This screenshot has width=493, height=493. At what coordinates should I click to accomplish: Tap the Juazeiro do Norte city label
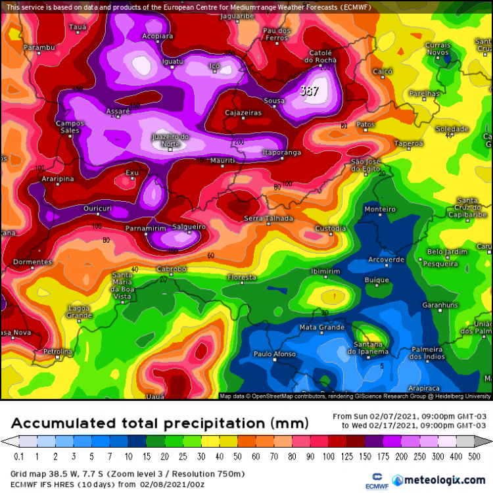click(x=170, y=140)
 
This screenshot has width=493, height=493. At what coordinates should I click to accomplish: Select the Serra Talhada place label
click(x=268, y=218)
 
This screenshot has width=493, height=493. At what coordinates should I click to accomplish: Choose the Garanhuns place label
click(x=421, y=306)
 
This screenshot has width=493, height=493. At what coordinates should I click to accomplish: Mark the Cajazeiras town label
click(x=243, y=113)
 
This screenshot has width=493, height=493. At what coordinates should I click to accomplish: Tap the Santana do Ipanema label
click(x=369, y=348)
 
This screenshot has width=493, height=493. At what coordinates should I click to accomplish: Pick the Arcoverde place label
click(x=386, y=260)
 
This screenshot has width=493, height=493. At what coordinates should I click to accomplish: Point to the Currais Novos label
click(x=438, y=49)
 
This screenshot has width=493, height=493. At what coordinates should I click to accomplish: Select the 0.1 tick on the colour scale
click(x=18, y=456)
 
